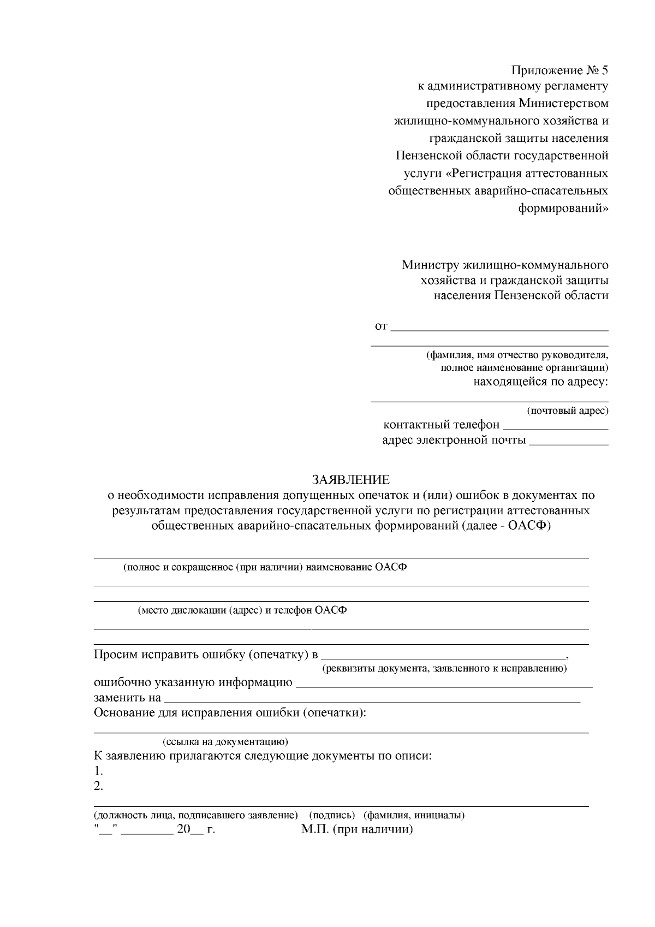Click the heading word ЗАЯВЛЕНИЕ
(x=350, y=480)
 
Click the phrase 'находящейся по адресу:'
(x=540, y=382)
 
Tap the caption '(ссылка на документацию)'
(x=225, y=742)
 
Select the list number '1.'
(x=98, y=771)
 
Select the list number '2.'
(x=98, y=787)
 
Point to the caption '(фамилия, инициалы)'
(x=414, y=816)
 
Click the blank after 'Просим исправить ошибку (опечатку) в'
(x=443, y=656)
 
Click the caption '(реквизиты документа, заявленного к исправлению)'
(x=444, y=668)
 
